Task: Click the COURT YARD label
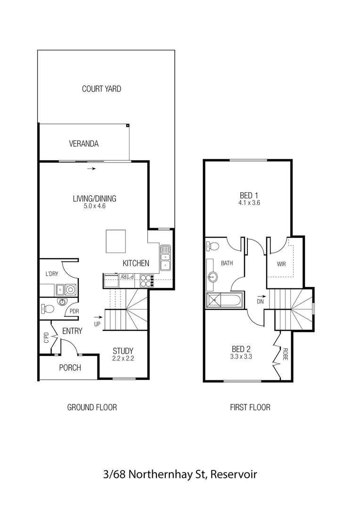point(101,89)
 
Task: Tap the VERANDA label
point(84,144)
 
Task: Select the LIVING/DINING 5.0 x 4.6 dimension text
point(94,206)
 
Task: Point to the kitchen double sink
point(165,259)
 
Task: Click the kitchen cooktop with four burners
point(146,280)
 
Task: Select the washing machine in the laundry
point(71,289)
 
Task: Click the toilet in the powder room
point(47,309)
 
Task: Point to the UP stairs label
point(98,324)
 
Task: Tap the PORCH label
point(70,368)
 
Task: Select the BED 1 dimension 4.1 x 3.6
point(249,203)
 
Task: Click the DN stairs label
point(260,301)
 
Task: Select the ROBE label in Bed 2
point(286,354)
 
